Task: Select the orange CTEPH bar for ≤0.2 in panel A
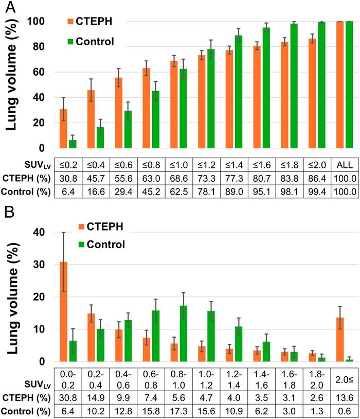(64, 129)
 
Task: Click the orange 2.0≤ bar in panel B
(339, 340)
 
